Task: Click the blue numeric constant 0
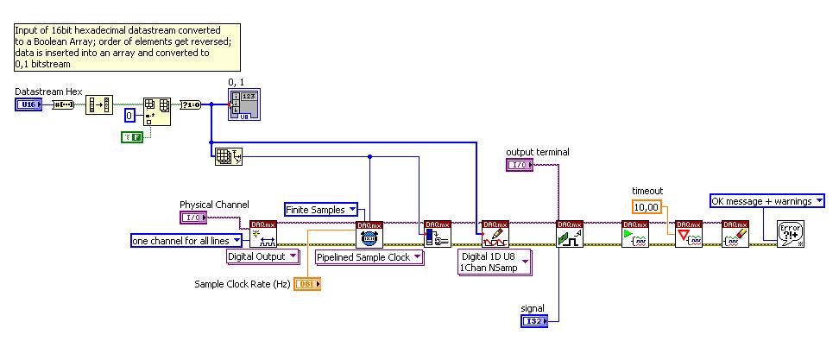(x=129, y=115)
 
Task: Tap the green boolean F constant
(x=131, y=137)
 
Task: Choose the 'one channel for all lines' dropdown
(x=186, y=241)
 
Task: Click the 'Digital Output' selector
(x=262, y=256)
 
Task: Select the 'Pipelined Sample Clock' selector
(x=369, y=257)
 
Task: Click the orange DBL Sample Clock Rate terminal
(x=306, y=284)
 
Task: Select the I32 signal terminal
(x=533, y=321)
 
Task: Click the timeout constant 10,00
(x=647, y=207)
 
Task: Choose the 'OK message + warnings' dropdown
(x=766, y=201)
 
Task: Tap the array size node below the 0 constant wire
(x=225, y=156)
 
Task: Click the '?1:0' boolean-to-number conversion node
(x=190, y=105)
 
